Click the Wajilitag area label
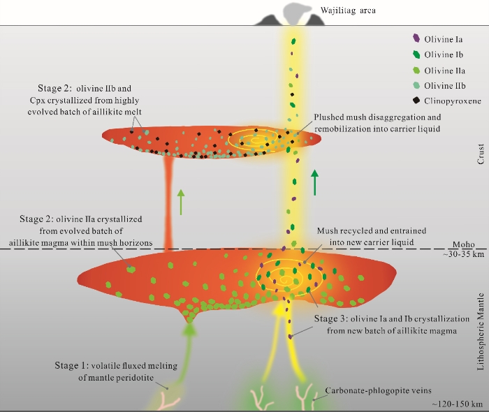(x=349, y=10)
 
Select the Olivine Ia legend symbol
(x=417, y=39)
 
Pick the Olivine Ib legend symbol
(x=417, y=54)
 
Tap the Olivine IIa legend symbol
(x=417, y=71)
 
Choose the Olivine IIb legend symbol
(x=417, y=87)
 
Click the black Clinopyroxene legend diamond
(x=417, y=102)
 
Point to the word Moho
(x=463, y=245)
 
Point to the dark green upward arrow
(x=315, y=184)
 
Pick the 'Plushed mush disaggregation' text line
(x=377, y=117)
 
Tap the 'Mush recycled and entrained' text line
(x=372, y=230)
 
